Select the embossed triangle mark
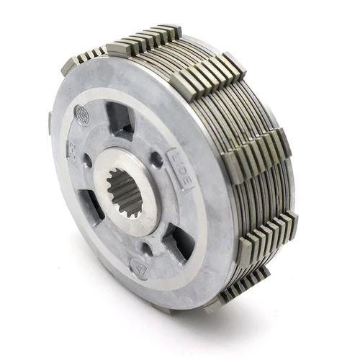pos(135,264)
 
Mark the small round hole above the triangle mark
pos(147,248)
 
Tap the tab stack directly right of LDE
pos(256,158)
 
